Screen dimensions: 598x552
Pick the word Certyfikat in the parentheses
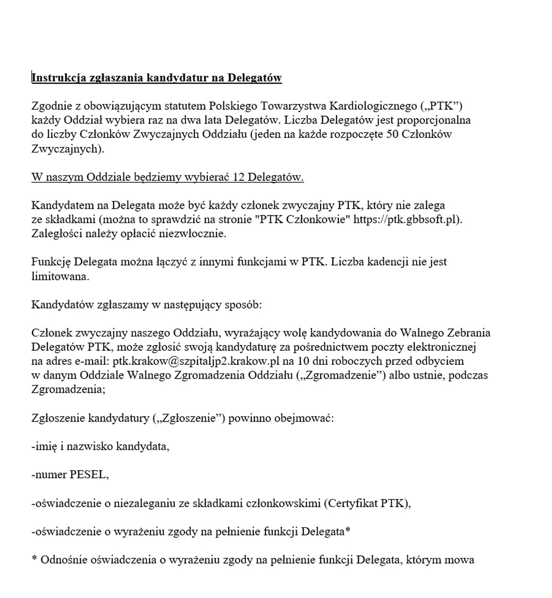(352, 503)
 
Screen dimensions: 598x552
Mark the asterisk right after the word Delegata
(347, 531)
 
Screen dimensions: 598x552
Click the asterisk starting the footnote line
(34, 560)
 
